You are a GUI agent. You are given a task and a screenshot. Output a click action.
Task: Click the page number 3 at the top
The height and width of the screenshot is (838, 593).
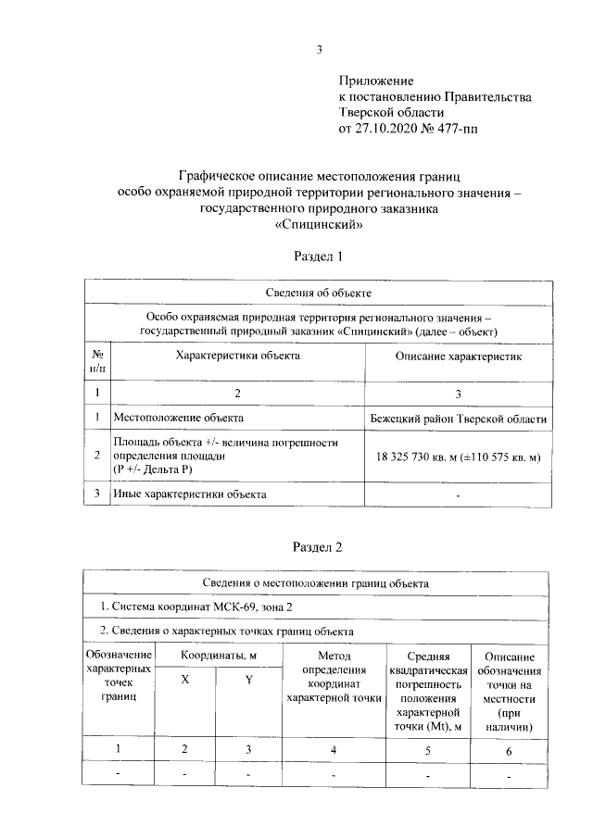[318, 50]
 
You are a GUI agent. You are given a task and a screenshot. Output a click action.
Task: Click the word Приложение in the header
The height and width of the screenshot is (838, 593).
[376, 81]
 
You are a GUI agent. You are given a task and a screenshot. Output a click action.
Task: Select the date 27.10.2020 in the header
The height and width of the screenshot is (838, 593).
[387, 129]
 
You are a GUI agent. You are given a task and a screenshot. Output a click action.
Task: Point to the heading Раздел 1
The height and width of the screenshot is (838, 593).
[318, 256]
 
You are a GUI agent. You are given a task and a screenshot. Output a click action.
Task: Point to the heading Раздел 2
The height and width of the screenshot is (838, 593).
[318, 547]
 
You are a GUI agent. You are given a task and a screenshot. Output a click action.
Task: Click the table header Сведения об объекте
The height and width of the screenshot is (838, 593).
[318, 293]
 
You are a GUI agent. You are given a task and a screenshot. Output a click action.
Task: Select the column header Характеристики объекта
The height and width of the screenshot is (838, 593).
[238, 355]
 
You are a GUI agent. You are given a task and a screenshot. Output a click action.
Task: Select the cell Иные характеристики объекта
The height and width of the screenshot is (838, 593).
[189, 494]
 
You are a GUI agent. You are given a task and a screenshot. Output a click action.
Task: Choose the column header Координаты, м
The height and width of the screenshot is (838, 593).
[218, 655]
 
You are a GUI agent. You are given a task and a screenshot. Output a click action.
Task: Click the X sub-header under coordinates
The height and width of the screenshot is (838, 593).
[185, 679]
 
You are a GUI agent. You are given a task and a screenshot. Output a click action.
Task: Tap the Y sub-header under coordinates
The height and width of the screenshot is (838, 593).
[248, 680]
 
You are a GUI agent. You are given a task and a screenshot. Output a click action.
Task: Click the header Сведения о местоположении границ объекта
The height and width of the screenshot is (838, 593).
[318, 584]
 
